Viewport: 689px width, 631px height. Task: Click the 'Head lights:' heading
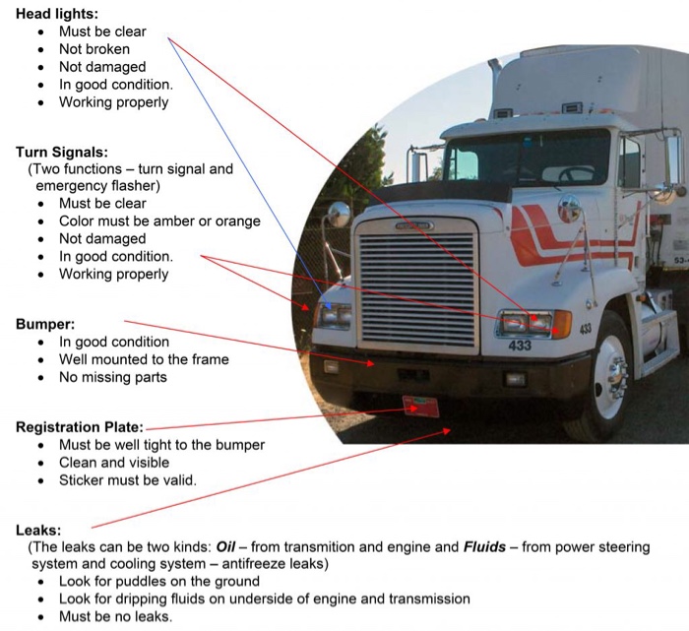click(56, 14)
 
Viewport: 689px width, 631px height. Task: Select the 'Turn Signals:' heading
click(61, 153)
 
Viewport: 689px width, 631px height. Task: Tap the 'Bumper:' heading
click(45, 324)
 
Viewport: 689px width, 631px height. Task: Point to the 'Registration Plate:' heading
click(80, 427)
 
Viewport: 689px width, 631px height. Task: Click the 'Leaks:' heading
click(38, 530)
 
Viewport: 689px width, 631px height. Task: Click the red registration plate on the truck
click(420, 406)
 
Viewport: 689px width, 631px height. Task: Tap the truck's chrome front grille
click(417, 286)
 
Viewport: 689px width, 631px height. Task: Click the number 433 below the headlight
click(520, 346)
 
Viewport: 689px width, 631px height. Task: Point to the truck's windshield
click(527, 158)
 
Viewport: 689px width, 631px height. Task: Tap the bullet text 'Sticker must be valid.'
click(127, 480)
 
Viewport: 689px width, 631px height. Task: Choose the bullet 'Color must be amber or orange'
click(159, 221)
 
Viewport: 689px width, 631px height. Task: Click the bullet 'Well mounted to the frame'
click(144, 359)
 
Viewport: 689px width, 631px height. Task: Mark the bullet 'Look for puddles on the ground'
click(160, 581)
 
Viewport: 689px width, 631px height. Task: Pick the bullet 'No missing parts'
click(112, 377)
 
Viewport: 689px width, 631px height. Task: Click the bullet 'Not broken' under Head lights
click(94, 49)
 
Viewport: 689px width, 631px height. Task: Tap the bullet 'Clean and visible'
click(114, 463)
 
